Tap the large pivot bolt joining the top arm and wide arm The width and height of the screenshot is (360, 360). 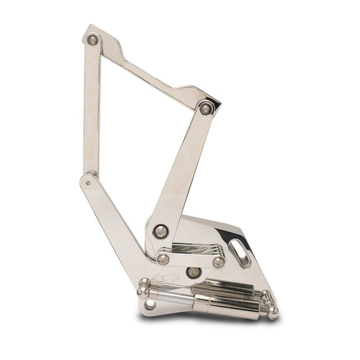point(207,108)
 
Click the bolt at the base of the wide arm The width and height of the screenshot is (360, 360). point(161,230)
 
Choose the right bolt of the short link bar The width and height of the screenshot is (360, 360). point(218,262)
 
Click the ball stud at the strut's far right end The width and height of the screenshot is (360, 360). point(272,312)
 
